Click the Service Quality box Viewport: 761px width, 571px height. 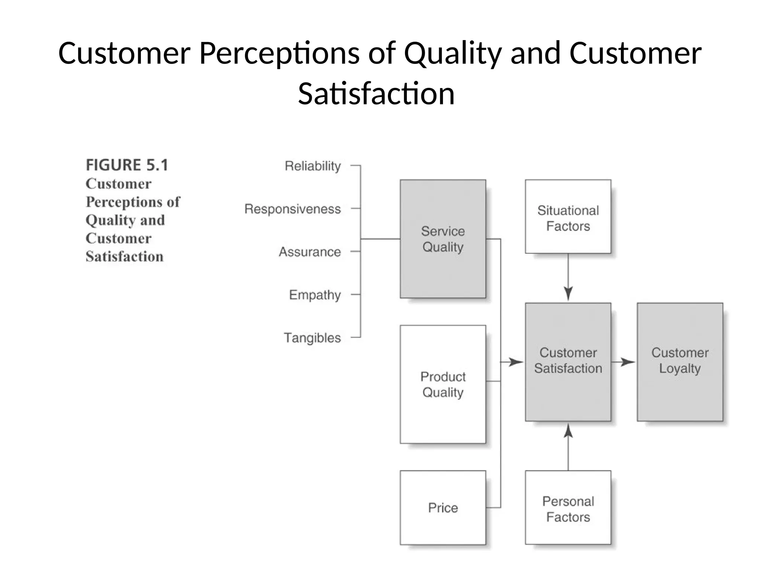443,239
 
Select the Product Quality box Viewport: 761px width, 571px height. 443,384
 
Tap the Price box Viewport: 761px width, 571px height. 443,507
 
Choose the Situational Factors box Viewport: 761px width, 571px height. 568,216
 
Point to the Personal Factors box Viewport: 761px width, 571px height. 568,507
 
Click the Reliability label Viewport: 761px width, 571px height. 313,166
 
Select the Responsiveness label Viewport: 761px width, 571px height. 292,209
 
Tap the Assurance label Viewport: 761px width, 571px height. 310,252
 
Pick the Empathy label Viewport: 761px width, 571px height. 315,295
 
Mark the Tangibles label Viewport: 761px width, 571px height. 312,338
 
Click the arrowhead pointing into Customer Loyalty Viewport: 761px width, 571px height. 628,362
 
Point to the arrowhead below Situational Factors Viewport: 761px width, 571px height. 568,294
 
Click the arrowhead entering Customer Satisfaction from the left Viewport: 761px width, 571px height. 516,362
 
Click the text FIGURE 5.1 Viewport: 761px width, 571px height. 127,165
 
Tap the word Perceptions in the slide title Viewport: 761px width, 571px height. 279,53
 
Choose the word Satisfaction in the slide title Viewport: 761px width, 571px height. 376,94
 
